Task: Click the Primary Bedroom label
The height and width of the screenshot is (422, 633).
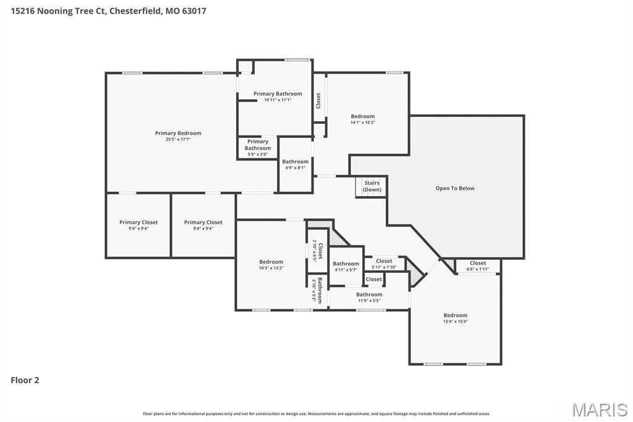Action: pos(178,133)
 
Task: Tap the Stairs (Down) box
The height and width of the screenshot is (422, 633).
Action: pos(372,186)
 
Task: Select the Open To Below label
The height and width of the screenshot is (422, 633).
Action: pos(455,188)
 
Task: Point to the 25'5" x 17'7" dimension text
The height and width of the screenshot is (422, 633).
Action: pos(178,140)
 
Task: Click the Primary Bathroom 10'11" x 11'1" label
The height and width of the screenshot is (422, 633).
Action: pos(278,97)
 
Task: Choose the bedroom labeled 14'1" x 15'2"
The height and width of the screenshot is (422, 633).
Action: pos(363,119)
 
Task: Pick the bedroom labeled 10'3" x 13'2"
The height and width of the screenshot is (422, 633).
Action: pos(271,264)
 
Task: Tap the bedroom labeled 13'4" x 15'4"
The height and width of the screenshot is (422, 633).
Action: pos(455,318)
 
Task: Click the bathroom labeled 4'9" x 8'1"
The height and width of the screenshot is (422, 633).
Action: pos(295,164)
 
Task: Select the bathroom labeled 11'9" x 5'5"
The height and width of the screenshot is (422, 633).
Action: pos(369,297)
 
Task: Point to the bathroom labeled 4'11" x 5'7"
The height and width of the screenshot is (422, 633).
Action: pos(346,266)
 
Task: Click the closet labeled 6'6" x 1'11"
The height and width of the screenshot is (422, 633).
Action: pos(478,265)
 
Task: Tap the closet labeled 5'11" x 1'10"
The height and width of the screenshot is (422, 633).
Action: pos(384,264)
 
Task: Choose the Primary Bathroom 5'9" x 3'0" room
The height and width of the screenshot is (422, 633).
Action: pos(257,147)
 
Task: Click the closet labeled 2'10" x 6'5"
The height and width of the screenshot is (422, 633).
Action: pos(317,250)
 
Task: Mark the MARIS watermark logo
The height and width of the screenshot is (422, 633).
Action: pos(600,410)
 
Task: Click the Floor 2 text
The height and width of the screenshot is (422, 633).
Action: pos(25,380)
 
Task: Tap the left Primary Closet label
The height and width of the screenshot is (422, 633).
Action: pos(138,225)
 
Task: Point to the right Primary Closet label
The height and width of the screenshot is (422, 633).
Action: pos(203,225)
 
